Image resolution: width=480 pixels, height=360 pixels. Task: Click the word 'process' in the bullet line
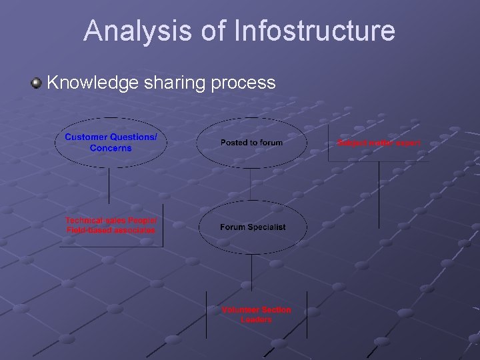(x=243, y=83)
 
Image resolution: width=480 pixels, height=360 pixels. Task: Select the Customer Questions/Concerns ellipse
(x=110, y=142)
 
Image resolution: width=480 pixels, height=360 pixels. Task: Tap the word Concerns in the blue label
(x=111, y=148)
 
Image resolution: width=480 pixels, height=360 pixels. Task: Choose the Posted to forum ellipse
(x=251, y=143)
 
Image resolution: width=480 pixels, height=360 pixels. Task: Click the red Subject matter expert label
(x=379, y=143)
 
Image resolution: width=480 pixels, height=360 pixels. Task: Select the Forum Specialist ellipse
(x=252, y=227)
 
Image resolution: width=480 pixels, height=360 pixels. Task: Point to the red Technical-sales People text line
(x=111, y=220)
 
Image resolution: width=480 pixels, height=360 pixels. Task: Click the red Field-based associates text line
(x=111, y=230)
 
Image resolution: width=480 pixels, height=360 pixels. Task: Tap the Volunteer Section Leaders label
(x=256, y=315)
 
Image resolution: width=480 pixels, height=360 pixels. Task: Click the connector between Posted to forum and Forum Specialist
(x=251, y=183)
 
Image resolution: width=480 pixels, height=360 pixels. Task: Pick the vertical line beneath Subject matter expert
(x=379, y=193)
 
